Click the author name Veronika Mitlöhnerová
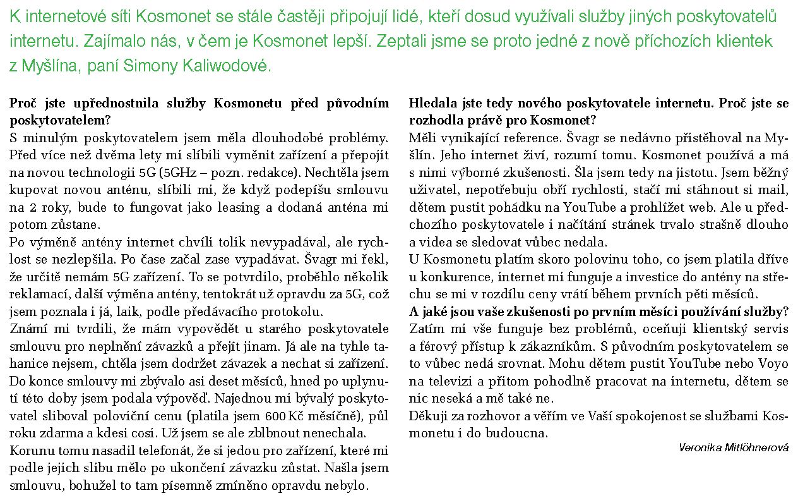734,447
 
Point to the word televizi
444,381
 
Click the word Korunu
32,451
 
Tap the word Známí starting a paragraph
30,329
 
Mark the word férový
434,346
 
